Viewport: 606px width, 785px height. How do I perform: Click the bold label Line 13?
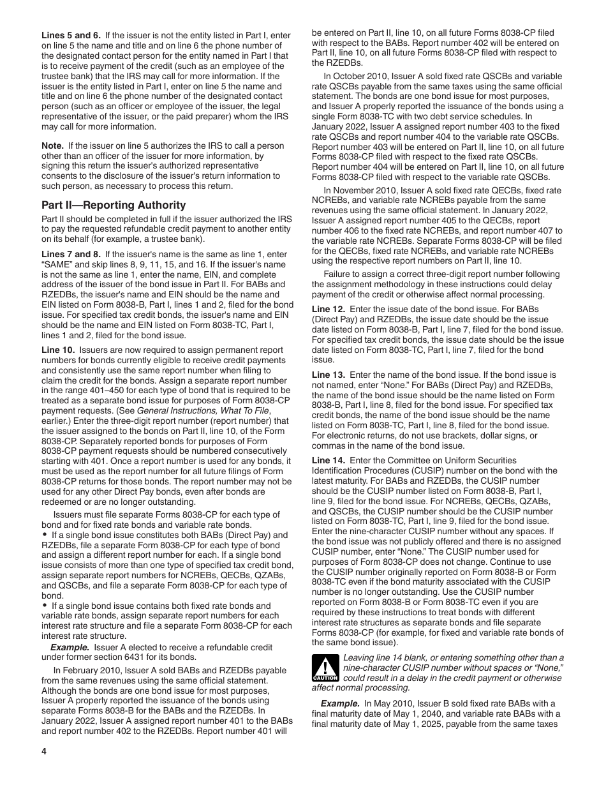click(x=329, y=375)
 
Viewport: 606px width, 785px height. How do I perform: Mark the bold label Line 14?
click(x=329, y=460)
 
